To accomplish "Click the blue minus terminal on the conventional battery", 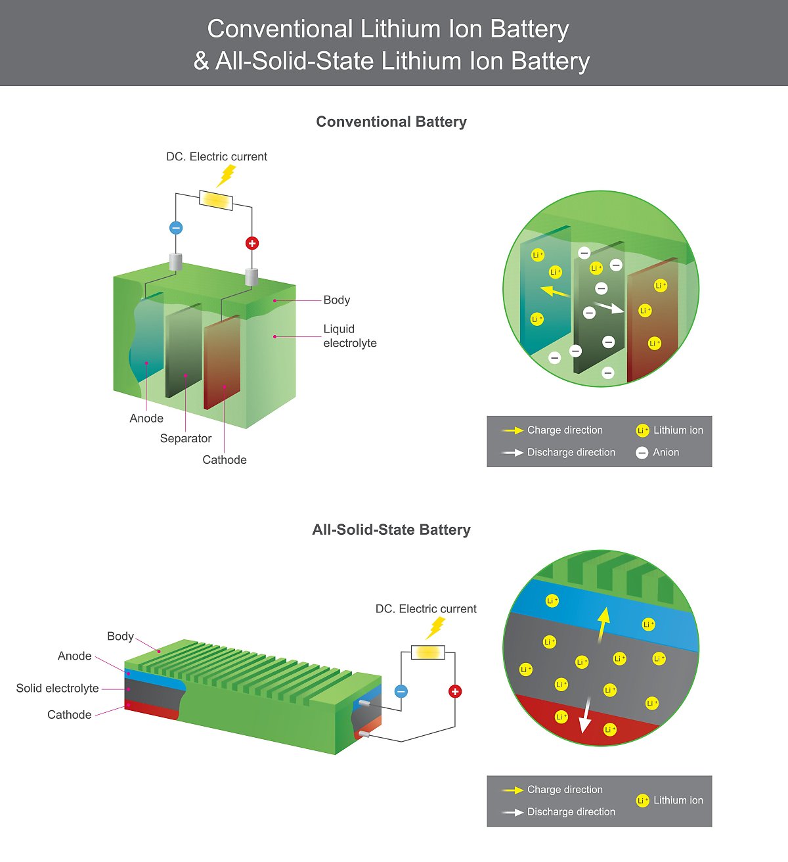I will point(176,228).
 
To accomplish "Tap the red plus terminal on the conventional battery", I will point(252,243).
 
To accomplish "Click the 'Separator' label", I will point(186,438).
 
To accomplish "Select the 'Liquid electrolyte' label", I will point(349,336).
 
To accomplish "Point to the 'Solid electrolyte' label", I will point(58,688).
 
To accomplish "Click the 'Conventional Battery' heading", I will point(391,122).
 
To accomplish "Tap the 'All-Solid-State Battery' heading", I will point(391,530).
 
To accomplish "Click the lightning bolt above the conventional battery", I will point(227,175).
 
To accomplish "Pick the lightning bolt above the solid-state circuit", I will point(435,628).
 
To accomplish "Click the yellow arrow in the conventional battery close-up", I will point(555,290).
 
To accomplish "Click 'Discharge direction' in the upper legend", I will point(571,452).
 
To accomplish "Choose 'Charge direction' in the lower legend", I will point(564,789).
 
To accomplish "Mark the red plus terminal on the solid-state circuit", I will point(455,691).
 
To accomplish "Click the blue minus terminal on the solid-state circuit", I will point(401,691).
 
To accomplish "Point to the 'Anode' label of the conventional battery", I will point(146,419).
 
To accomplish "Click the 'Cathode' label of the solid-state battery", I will point(70,715).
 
